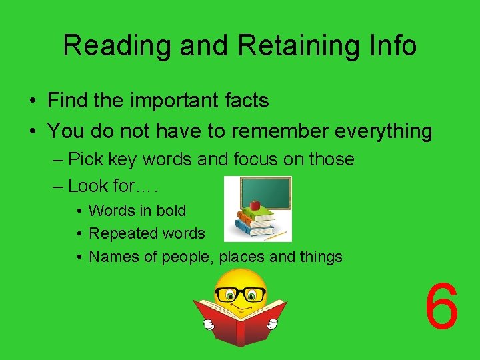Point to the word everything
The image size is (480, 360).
pos(383,131)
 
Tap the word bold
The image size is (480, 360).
pos(171,211)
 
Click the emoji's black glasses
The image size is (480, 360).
pos(240,294)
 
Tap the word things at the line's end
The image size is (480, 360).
pos(320,257)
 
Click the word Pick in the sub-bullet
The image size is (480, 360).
pos(84,160)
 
